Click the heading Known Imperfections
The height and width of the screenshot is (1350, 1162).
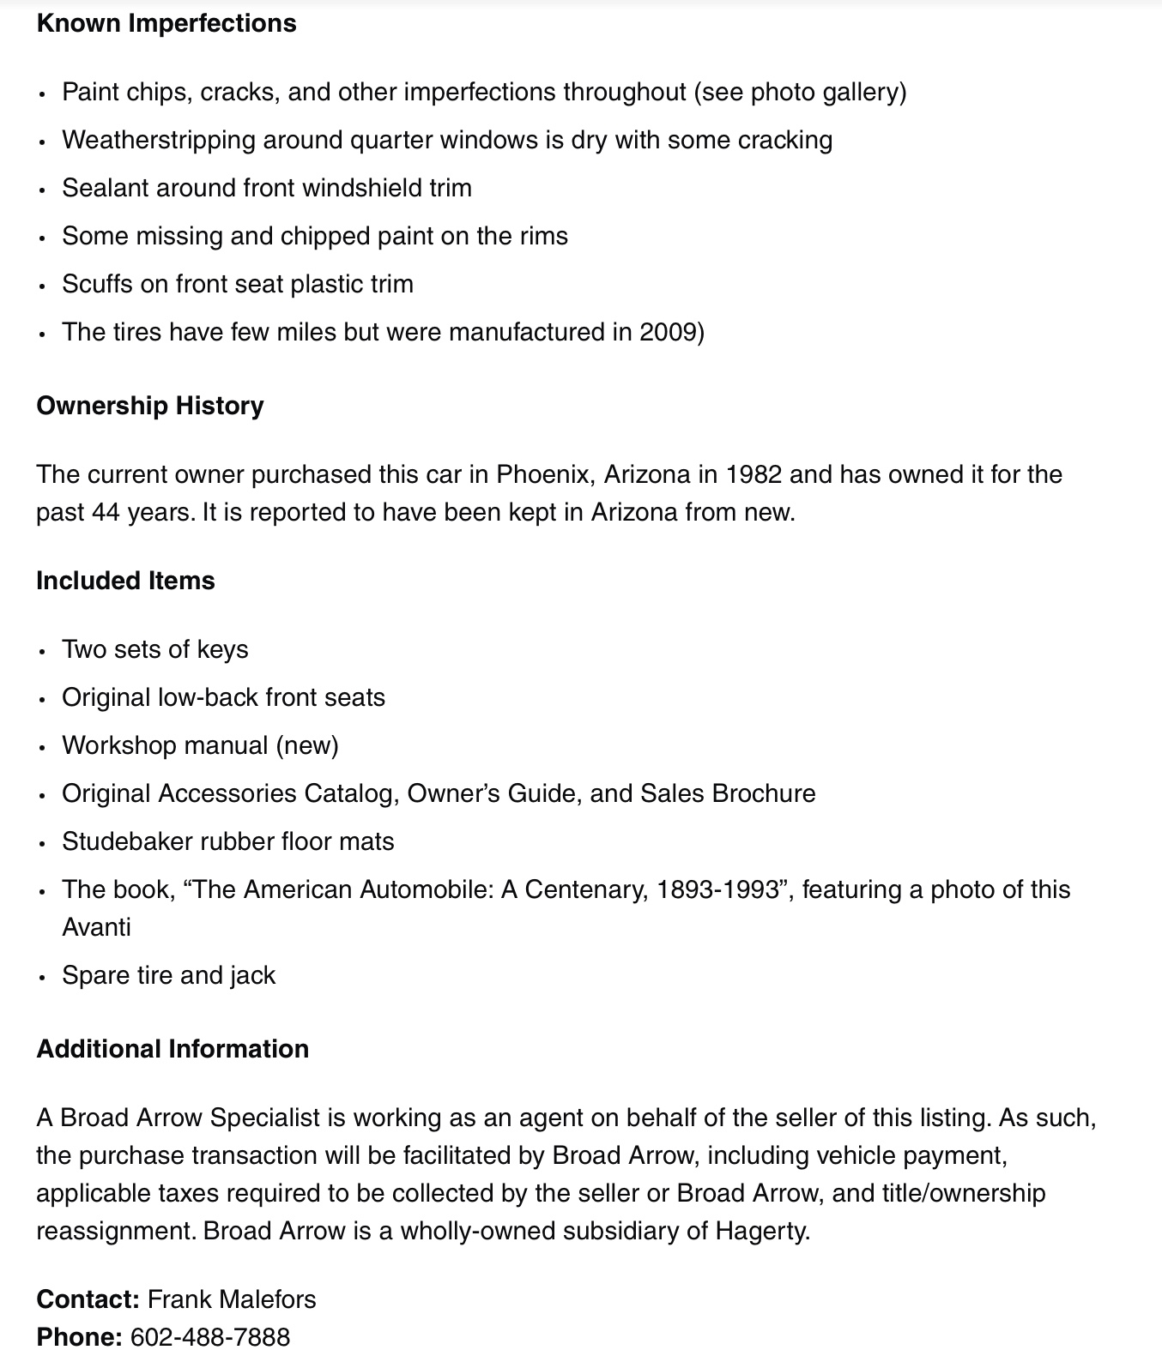pyautogui.click(x=166, y=23)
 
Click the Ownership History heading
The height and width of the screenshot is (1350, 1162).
pyautogui.click(x=149, y=406)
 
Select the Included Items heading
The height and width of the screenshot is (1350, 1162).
pyautogui.click(x=125, y=581)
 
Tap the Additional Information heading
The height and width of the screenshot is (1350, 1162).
pyautogui.click(x=172, y=1049)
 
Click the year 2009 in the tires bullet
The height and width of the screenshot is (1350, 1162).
pyautogui.click(x=668, y=332)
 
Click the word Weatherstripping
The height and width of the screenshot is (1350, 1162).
pyautogui.click(x=159, y=140)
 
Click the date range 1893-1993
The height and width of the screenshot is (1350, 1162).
pyautogui.click(x=723, y=889)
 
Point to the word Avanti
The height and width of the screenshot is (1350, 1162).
pyautogui.click(x=96, y=927)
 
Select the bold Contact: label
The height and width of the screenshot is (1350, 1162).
pyautogui.click(x=88, y=1299)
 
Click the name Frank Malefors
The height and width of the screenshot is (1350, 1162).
pyautogui.click(x=232, y=1299)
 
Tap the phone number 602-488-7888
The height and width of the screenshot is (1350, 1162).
pyautogui.click(x=210, y=1337)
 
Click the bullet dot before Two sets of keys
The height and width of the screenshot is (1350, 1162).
pyautogui.click(x=42, y=651)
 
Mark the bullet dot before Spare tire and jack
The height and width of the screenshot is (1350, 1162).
pyautogui.click(x=42, y=977)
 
